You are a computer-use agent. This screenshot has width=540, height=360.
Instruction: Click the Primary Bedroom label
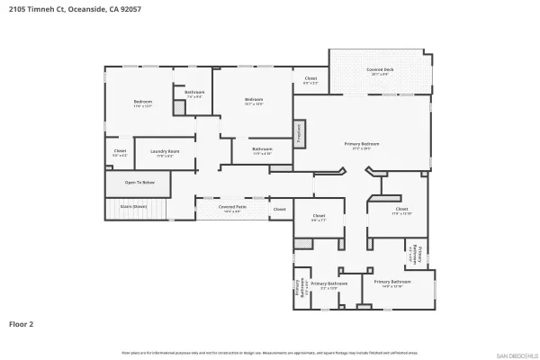click(x=362, y=143)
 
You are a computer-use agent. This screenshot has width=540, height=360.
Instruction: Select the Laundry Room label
click(x=165, y=151)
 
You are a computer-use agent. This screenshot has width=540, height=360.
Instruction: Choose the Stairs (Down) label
click(x=133, y=206)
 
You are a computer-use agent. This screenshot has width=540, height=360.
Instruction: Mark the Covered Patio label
click(x=232, y=206)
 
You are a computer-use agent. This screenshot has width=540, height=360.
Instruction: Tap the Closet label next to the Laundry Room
click(x=120, y=151)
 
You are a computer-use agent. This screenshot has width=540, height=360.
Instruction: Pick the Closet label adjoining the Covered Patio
click(x=280, y=209)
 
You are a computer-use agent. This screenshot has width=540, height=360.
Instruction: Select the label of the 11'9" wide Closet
click(x=401, y=210)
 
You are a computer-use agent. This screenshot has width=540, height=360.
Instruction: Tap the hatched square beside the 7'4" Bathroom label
click(x=180, y=107)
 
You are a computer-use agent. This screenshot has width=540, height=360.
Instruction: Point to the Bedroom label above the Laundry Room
click(x=143, y=102)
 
